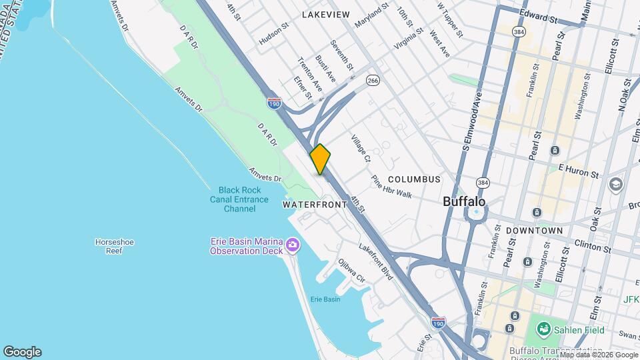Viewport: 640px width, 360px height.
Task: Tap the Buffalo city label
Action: click(464, 201)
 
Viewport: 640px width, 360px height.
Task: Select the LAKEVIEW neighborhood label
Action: click(325, 14)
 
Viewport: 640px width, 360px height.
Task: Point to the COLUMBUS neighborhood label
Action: click(414, 179)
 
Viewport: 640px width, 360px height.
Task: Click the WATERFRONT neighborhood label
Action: click(315, 205)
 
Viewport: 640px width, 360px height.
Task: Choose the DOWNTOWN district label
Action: click(534, 230)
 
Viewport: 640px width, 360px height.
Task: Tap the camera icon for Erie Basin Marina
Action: click(292, 246)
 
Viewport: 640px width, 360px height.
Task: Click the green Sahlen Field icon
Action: click(544, 329)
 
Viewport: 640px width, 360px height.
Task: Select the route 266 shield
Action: click(373, 81)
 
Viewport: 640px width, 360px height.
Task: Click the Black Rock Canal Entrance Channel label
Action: click(243, 199)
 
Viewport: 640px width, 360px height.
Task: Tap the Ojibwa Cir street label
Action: click(352, 271)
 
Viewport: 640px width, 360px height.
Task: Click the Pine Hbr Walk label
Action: click(392, 187)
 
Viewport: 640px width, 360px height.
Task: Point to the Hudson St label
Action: click(274, 35)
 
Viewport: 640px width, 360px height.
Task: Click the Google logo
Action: click(22, 352)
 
